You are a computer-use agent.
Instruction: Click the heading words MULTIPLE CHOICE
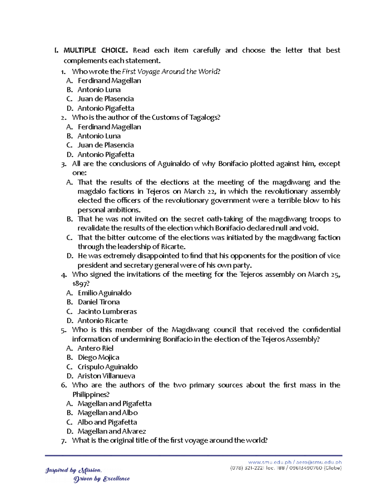[96, 50]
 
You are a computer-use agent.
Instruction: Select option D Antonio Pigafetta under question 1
[106, 108]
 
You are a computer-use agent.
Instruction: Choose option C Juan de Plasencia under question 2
[106, 145]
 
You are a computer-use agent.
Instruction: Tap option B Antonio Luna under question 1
[99, 90]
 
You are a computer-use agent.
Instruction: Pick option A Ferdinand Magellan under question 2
[109, 127]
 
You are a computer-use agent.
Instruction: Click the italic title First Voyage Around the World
[170, 71]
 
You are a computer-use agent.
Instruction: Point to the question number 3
[63, 164]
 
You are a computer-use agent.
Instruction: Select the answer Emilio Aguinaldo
[104, 293]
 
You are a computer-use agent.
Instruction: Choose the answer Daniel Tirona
[98, 302]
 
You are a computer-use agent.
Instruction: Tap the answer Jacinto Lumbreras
[107, 312]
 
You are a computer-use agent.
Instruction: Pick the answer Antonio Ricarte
[102, 321]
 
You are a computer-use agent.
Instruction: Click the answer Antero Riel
[95, 348]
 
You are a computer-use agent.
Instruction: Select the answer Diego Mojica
[98, 358]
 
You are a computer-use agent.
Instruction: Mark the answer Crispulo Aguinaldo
[107, 367]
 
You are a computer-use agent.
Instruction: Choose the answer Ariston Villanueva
[106, 376]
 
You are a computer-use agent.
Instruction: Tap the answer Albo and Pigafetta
[107, 422]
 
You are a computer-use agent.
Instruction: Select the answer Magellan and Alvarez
[112, 431]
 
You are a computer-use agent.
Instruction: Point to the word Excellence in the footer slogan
[116, 479]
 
